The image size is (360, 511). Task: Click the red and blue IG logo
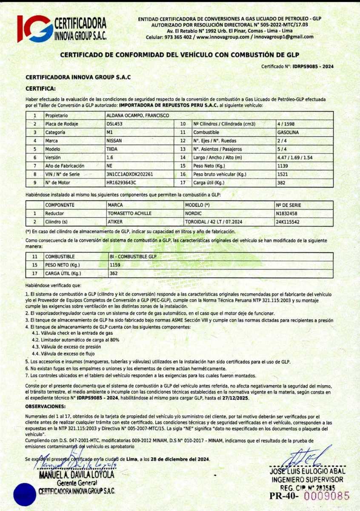[x=35, y=29]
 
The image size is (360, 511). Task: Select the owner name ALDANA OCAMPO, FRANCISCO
[x=137, y=115]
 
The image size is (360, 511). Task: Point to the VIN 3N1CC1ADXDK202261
[x=129, y=174]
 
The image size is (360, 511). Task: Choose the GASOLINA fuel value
[x=288, y=132]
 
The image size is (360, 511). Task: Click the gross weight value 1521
[x=282, y=174]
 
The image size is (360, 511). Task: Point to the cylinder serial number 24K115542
[x=288, y=222]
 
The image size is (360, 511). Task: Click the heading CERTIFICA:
[x=40, y=89]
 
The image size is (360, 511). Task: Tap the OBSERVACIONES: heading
[x=46, y=406]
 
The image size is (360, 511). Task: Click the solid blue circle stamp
[x=26, y=494]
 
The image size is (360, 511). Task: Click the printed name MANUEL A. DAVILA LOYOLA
[x=77, y=474]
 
